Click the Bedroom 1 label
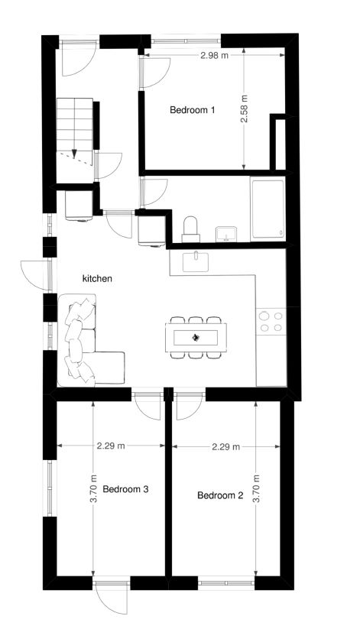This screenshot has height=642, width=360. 192,110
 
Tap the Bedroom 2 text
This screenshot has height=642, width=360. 220,495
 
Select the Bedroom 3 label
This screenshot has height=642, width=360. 125,489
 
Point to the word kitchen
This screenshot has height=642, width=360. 98,279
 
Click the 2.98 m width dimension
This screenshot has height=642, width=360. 214,56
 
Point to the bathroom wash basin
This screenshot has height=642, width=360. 227,232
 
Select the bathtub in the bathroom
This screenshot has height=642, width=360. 268,209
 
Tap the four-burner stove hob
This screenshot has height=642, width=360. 271,321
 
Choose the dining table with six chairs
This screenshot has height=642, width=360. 196,336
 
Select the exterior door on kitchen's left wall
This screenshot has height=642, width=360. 34,271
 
